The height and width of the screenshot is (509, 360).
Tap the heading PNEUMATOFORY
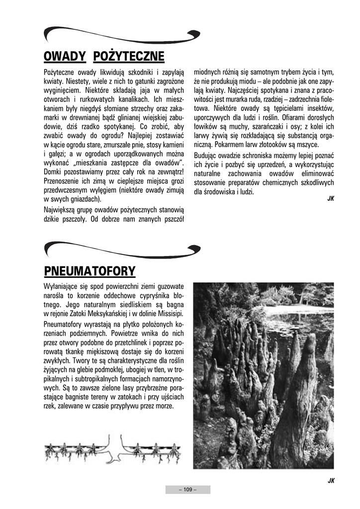pyautogui.click(x=90, y=271)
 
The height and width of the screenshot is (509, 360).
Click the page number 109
pyautogui.click(x=187, y=490)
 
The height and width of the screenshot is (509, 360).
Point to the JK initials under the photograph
pyautogui.click(x=330, y=480)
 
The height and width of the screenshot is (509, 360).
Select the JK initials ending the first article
pyautogui.click(x=330, y=199)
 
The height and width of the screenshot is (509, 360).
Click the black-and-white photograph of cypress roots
pyautogui.click(x=263, y=375)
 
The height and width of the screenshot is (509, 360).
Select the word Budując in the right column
pyautogui.click(x=206, y=155)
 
